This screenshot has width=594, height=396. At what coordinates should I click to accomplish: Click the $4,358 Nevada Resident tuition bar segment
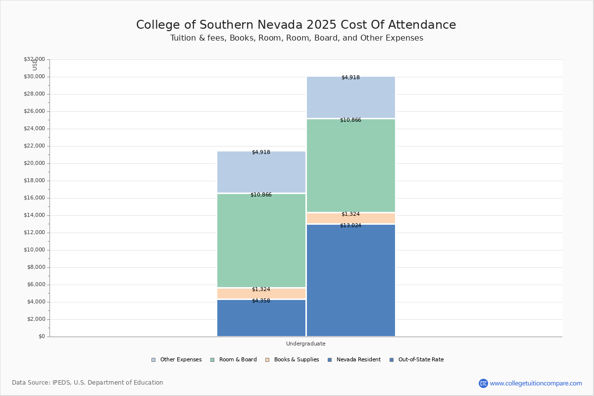click(261, 319)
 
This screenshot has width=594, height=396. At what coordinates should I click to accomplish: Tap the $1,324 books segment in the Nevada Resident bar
click(261, 294)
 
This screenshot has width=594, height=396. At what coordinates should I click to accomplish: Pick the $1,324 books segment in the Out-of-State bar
click(350, 219)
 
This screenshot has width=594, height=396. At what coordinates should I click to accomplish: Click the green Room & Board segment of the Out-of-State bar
click(350, 166)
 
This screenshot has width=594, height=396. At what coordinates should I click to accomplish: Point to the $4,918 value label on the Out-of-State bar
click(350, 78)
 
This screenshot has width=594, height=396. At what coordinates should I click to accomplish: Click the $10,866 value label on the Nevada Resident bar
click(261, 195)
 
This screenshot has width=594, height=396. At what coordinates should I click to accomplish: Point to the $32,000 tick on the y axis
click(34, 59)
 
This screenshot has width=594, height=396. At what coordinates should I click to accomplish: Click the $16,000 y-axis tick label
click(34, 198)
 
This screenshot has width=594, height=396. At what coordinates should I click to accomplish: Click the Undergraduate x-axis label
click(305, 344)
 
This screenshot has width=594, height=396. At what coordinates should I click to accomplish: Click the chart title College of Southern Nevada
click(296, 25)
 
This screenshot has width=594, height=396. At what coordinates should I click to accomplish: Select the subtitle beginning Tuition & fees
click(297, 38)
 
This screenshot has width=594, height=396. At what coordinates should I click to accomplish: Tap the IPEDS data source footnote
click(88, 383)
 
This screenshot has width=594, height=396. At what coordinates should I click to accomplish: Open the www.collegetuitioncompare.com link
click(536, 383)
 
